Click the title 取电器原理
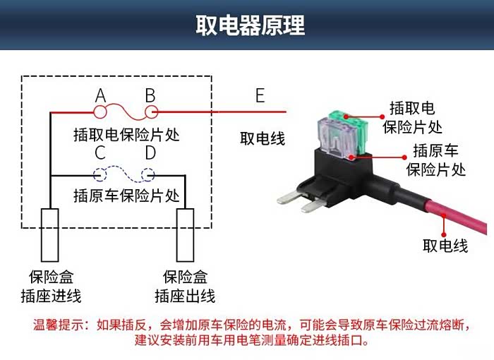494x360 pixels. pyautogui.click(x=251, y=25)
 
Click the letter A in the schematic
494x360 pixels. pyautogui.click(x=100, y=95)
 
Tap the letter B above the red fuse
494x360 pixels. pyautogui.click(x=150, y=95)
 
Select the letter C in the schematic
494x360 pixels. pyautogui.click(x=100, y=152)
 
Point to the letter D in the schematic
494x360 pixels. pyautogui.click(x=150, y=152)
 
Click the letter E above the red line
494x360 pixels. pyautogui.click(x=260, y=95)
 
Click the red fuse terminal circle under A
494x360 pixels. pyautogui.click(x=100, y=112)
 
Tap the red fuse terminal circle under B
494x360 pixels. pyautogui.click(x=150, y=112)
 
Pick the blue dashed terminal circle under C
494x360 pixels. pyautogui.click(x=100, y=174)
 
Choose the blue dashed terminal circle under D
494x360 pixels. pyautogui.click(x=148, y=174)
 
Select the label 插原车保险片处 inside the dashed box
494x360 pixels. pyautogui.click(x=126, y=196)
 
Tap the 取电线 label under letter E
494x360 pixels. pyautogui.click(x=262, y=138)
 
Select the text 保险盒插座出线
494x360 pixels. pyautogui.click(x=185, y=287)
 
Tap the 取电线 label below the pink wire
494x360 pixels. pyautogui.click(x=445, y=246)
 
